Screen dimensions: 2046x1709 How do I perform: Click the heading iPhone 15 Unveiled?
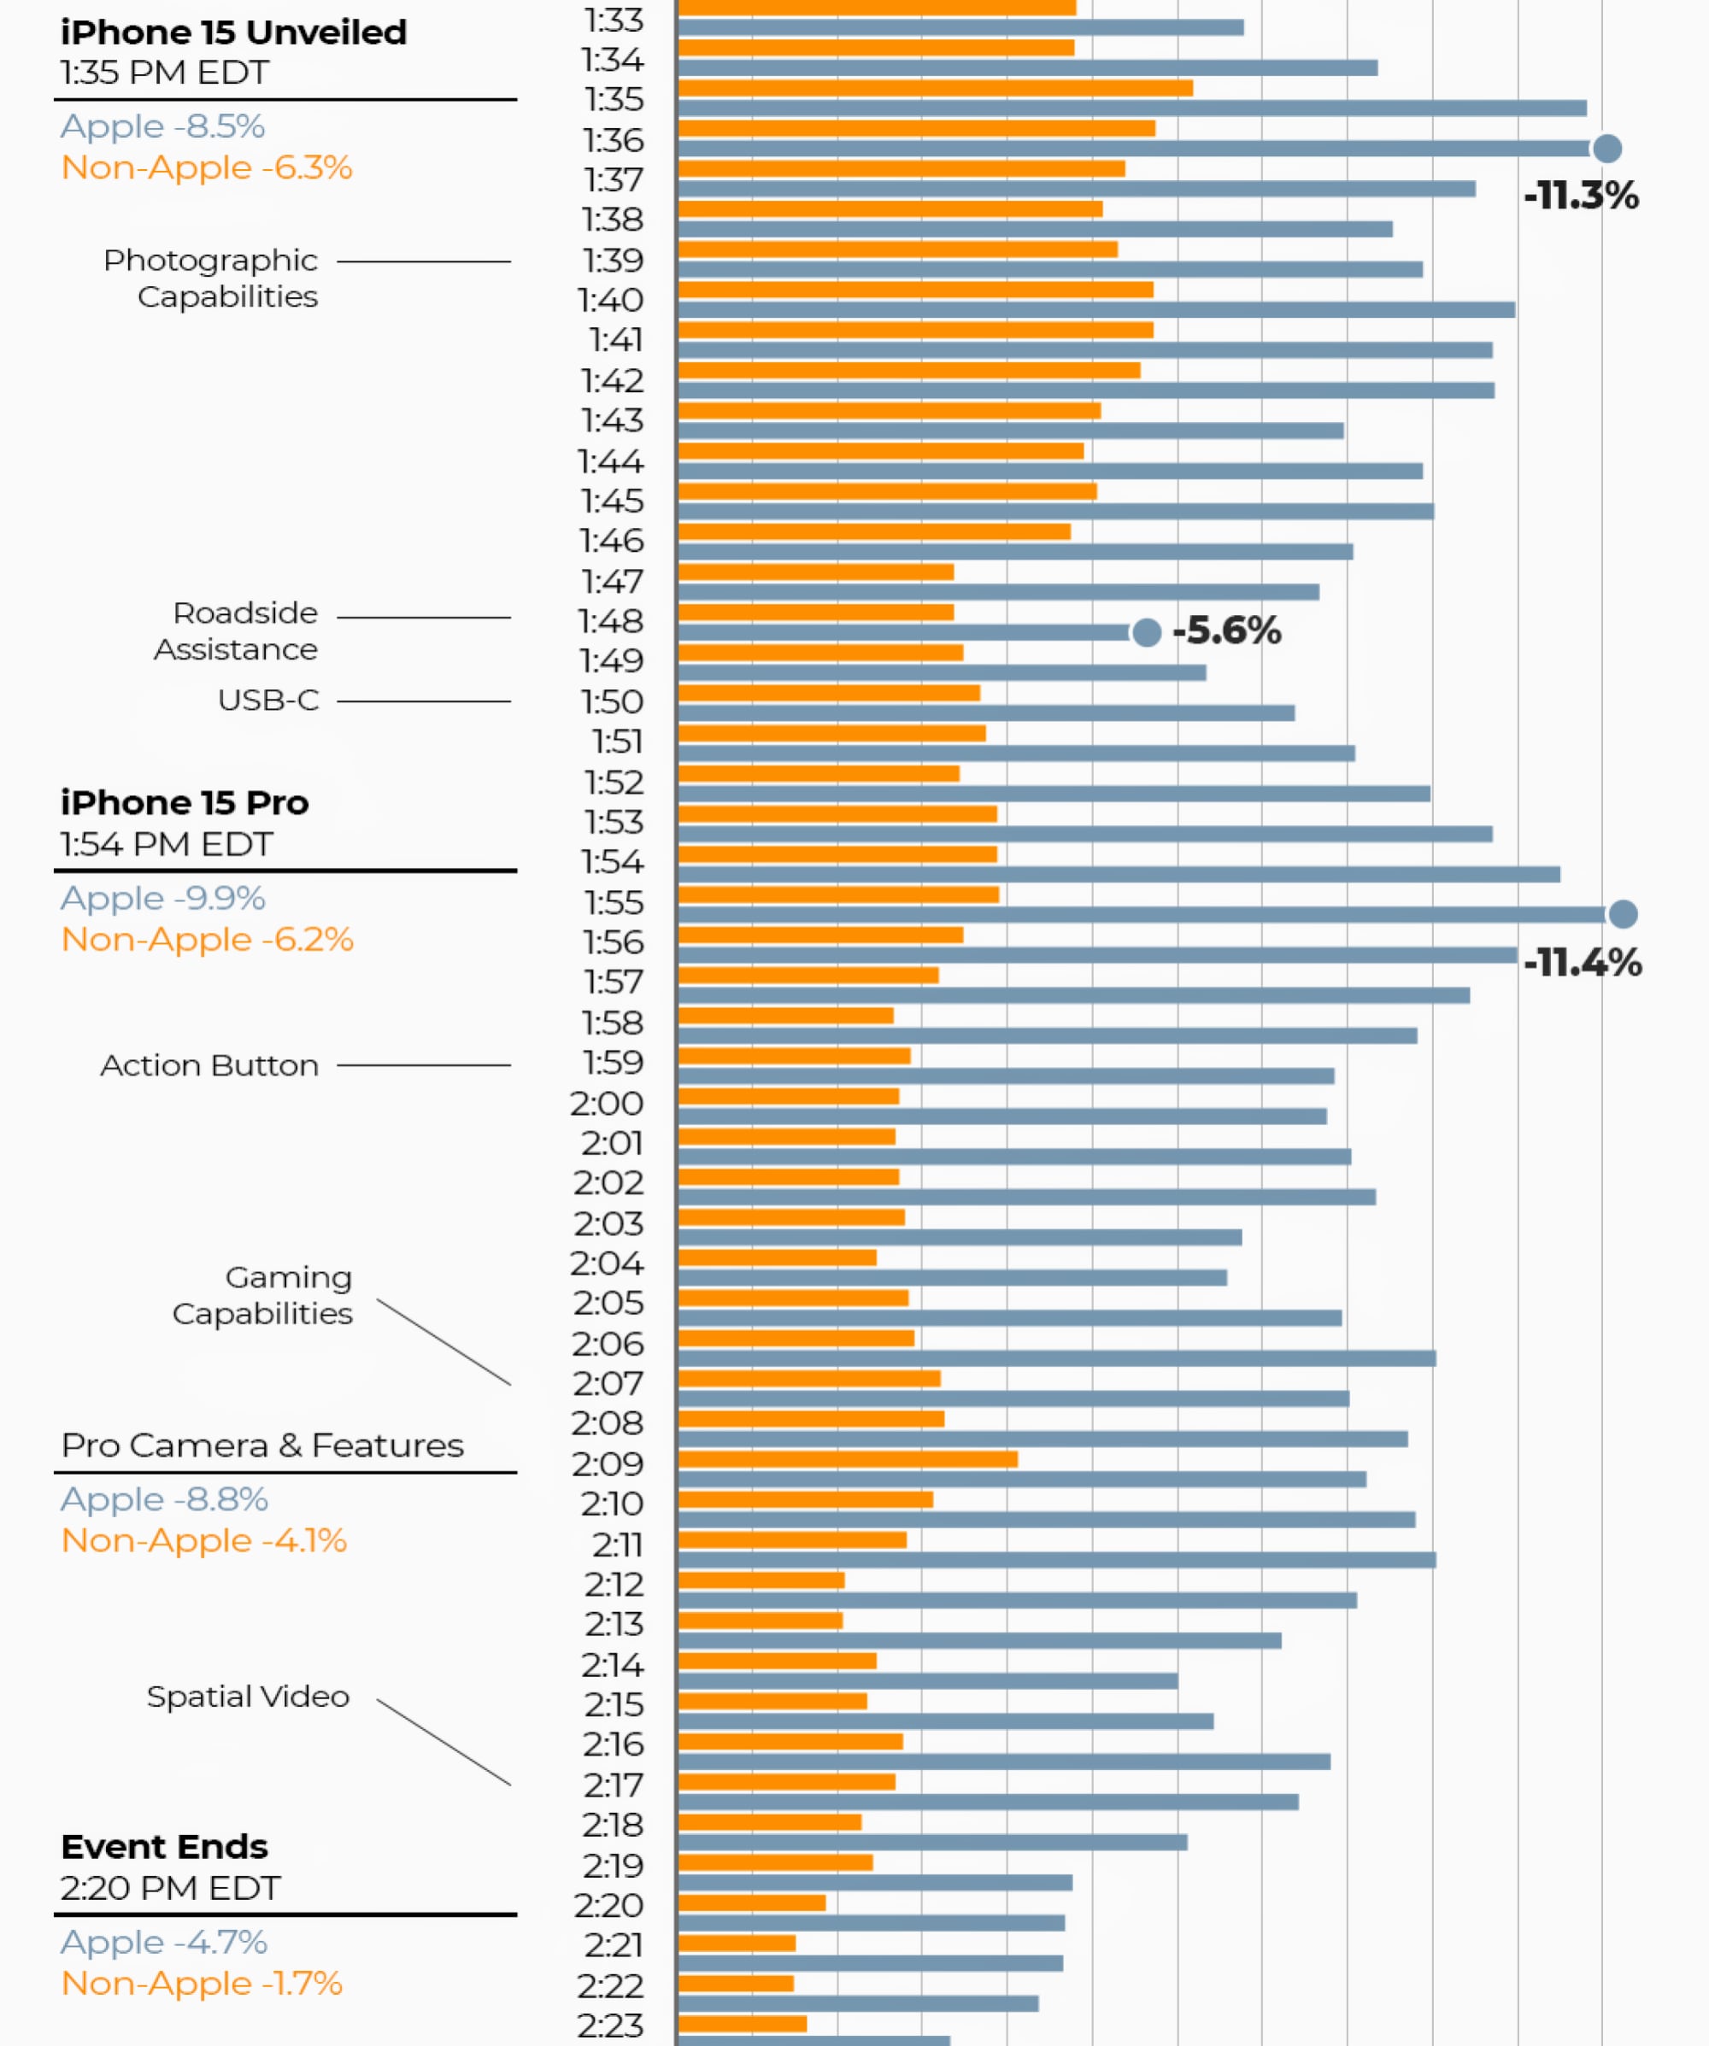tap(233, 32)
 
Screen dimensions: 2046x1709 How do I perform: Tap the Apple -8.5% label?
tap(162, 126)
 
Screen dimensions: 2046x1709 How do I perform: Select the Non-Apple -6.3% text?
tap(207, 167)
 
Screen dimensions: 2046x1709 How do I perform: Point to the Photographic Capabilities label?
tap(211, 278)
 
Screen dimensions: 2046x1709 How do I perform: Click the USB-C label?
tap(268, 701)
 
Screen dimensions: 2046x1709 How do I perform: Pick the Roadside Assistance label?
tap(237, 630)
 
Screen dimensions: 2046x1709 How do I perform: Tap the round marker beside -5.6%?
tap(1147, 632)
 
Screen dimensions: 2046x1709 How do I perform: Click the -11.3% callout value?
tap(1580, 196)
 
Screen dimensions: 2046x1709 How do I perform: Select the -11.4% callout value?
tap(1583, 963)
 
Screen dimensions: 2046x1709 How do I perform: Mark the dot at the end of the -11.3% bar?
tap(1606, 149)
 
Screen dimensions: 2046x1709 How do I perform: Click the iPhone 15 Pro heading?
tap(185, 803)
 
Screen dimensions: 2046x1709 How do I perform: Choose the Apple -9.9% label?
tap(162, 899)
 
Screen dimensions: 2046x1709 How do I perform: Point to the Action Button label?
tap(209, 1066)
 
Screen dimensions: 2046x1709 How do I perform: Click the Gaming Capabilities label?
tap(263, 1295)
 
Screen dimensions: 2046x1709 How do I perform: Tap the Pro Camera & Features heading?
tap(262, 1445)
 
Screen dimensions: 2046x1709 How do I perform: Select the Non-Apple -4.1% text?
tap(203, 1540)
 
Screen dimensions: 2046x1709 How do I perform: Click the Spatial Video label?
tap(248, 1697)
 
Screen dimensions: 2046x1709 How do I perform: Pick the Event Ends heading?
tap(164, 1846)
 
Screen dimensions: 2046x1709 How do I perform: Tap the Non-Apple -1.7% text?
tap(202, 1983)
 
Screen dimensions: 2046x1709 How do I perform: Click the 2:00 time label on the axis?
tap(607, 1104)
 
